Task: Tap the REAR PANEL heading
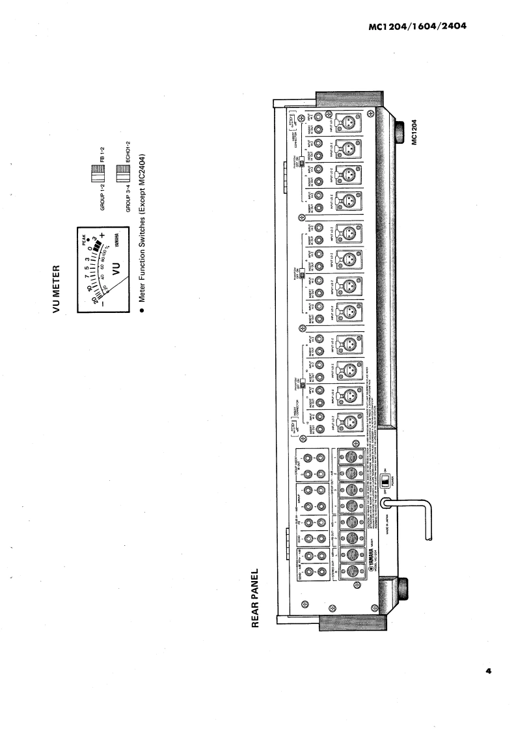click(258, 599)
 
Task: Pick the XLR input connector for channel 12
click(346, 423)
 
